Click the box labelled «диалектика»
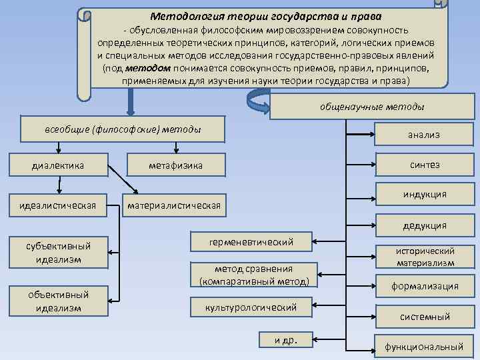[x=59, y=165]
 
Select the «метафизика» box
[x=176, y=165]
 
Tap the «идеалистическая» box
[x=58, y=203]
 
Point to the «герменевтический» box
[x=251, y=241]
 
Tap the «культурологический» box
[x=251, y=307]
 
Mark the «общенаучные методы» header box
[x=372, y=106]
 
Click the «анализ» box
[x=424, y=135]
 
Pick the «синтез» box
[x=424, y=165]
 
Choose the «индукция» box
[x=424, y=195]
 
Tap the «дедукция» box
[x=424, y=225]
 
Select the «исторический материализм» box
[x=425, y=256]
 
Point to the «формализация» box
[x=425, y=286]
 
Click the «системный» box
[x=425, y=317]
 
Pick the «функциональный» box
[x=424, y=347]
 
